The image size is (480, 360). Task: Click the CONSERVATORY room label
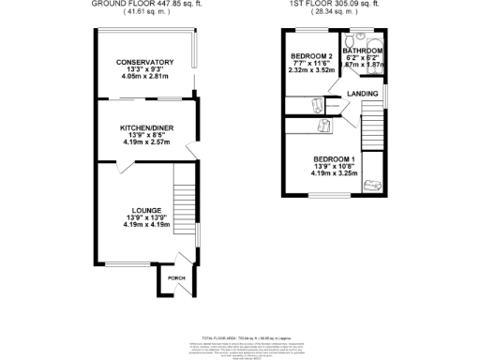145,62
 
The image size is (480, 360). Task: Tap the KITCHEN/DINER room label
145,127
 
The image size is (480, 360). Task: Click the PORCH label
175,279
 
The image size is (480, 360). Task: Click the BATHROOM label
363,51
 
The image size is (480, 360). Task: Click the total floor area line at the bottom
239,335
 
